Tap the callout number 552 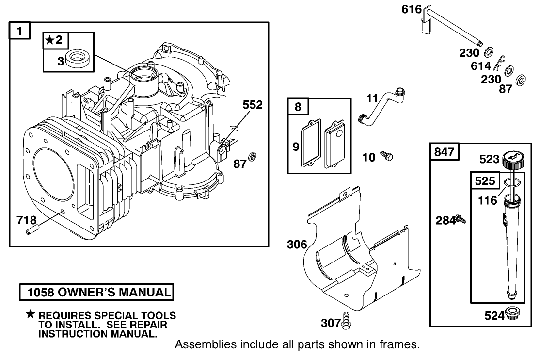click(253, 104)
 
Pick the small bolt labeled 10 click(387, 156)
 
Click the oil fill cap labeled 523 click(512, 160)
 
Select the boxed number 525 click(485, 181)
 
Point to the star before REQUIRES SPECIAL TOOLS click(31, 315)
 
